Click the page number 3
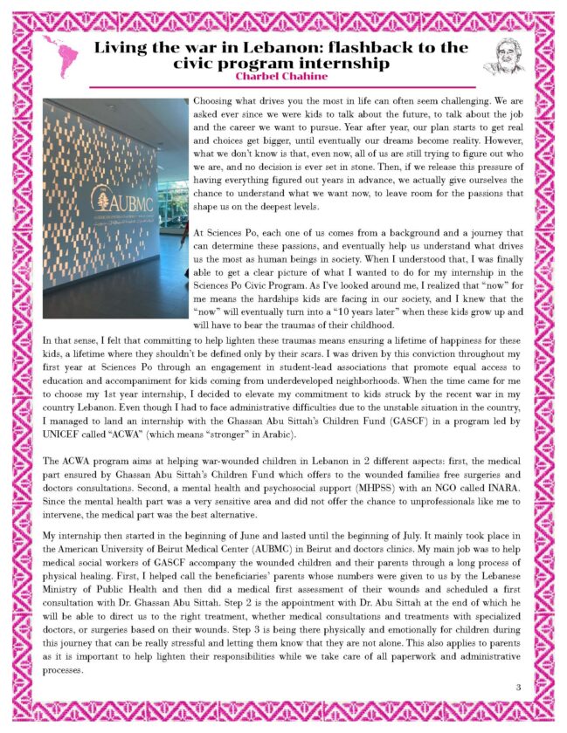click(x=518, y=688)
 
